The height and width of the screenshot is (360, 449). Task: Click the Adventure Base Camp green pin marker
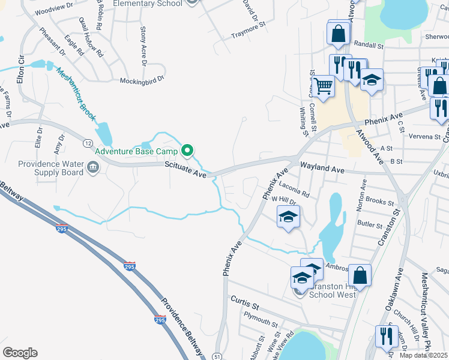[187, 150]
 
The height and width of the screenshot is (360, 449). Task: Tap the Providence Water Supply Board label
[50, 168]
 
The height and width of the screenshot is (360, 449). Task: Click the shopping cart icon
[323, 86]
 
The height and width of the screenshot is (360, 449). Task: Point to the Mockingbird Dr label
[142, 81]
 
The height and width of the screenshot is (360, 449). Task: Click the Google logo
[20, 353]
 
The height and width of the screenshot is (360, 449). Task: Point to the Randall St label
[369, 45]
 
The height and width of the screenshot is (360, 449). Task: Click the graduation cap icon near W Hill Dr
[288, 217]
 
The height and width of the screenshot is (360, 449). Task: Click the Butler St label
[370, 224]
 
